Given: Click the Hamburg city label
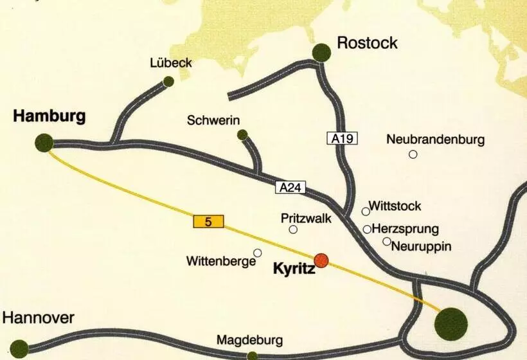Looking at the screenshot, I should [x=49, y=117].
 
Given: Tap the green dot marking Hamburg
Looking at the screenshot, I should [x=44, y=143].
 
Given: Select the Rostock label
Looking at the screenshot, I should [x=367, y=43].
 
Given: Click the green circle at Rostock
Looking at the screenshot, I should [x=321, y=53].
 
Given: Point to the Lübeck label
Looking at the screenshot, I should [x=170, y=64].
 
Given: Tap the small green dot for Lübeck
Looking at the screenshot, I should [x=168, y=81].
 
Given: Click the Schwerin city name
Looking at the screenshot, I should [x=213, y=120].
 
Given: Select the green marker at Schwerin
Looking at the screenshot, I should [x=242, y=134].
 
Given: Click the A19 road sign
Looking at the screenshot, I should [x=341, y=138].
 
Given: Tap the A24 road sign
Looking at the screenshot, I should [x=291, y=188].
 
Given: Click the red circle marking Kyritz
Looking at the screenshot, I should [x=321, y=260].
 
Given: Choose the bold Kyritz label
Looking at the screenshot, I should [x=294, y=269].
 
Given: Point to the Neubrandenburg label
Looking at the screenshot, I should [x=436, y=139].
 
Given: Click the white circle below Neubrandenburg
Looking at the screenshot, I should [x=413, y=154].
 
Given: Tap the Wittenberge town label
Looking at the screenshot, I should [x=221, y=262].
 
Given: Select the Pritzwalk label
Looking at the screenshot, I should [x=306, y=218].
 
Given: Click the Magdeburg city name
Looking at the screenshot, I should [x=249, y=339].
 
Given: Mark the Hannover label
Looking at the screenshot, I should [x=39, y=318].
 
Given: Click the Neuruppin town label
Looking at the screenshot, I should [x=421, y=246].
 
